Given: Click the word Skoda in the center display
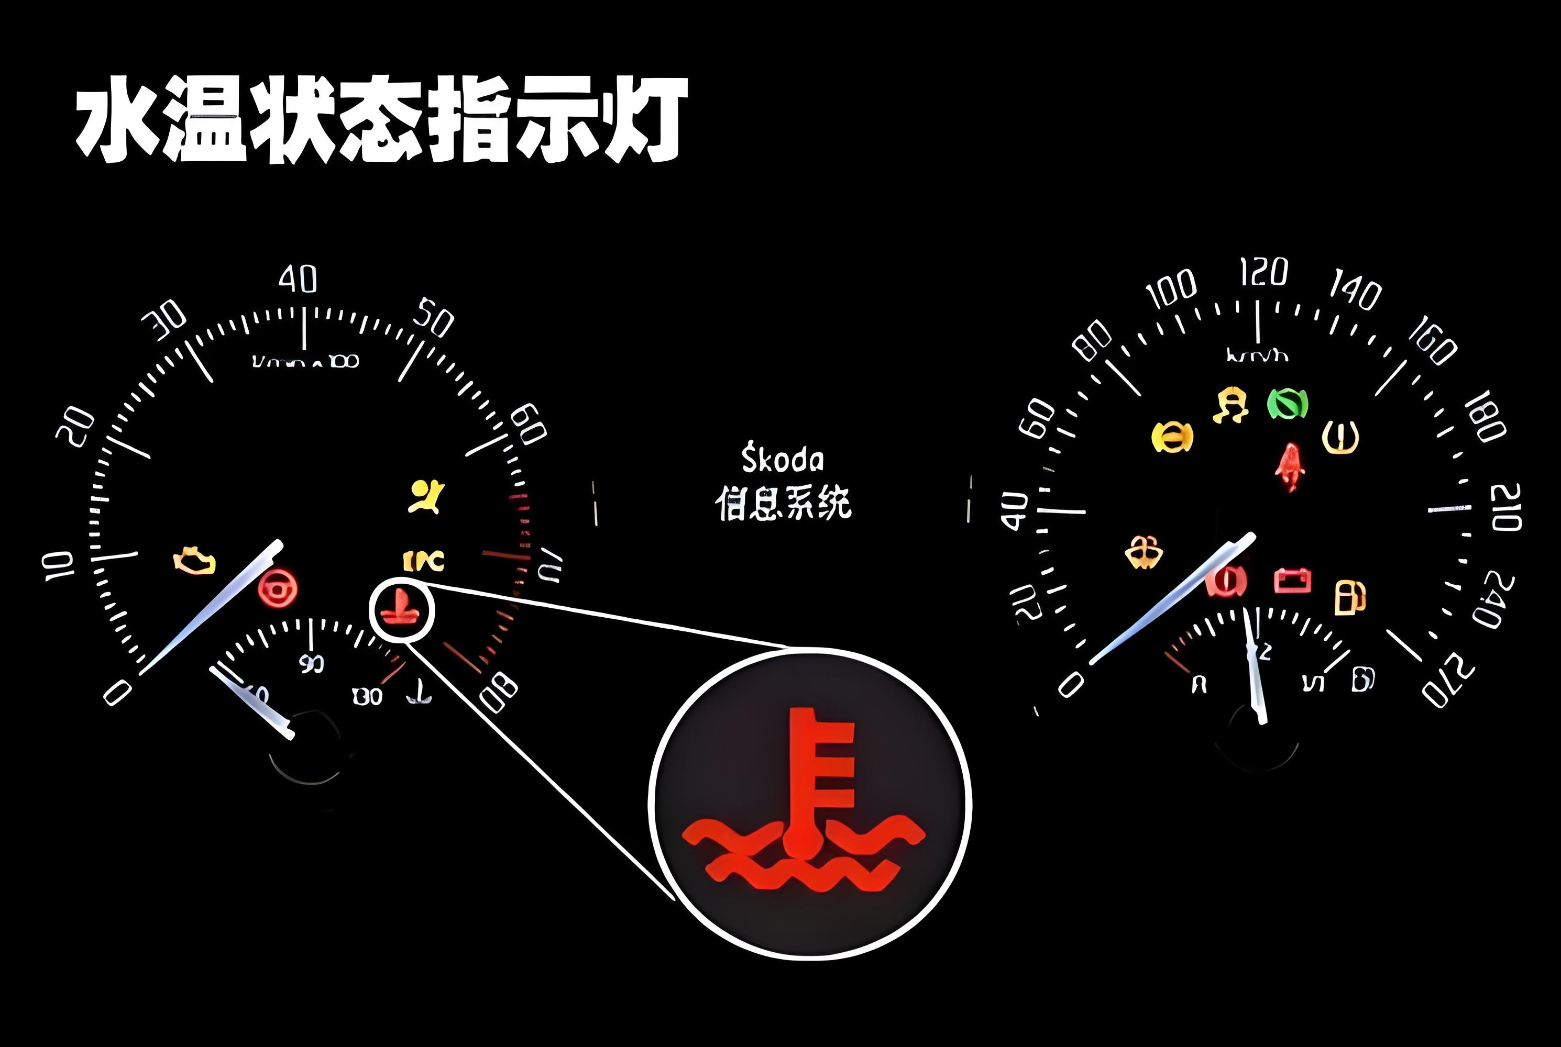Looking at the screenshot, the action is tap(782, 460).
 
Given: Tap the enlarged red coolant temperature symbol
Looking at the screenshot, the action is tap(804, 801).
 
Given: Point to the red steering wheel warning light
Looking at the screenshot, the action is tap(277, 587).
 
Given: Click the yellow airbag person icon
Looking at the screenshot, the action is tap(426, 497).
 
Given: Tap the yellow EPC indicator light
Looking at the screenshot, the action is tap(423, 561).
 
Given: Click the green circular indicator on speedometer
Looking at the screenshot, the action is tap(1287, 403).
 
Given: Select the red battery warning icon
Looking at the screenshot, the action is tap(1292, 580).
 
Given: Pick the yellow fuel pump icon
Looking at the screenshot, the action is tap(1349, 596).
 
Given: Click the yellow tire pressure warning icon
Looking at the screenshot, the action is tap(1340, 437).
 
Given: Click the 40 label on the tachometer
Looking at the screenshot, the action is tap(298, 279).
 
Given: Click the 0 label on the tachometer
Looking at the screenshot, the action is tap(117, 693).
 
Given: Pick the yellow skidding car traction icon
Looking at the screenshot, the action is tap(1230, 405).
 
